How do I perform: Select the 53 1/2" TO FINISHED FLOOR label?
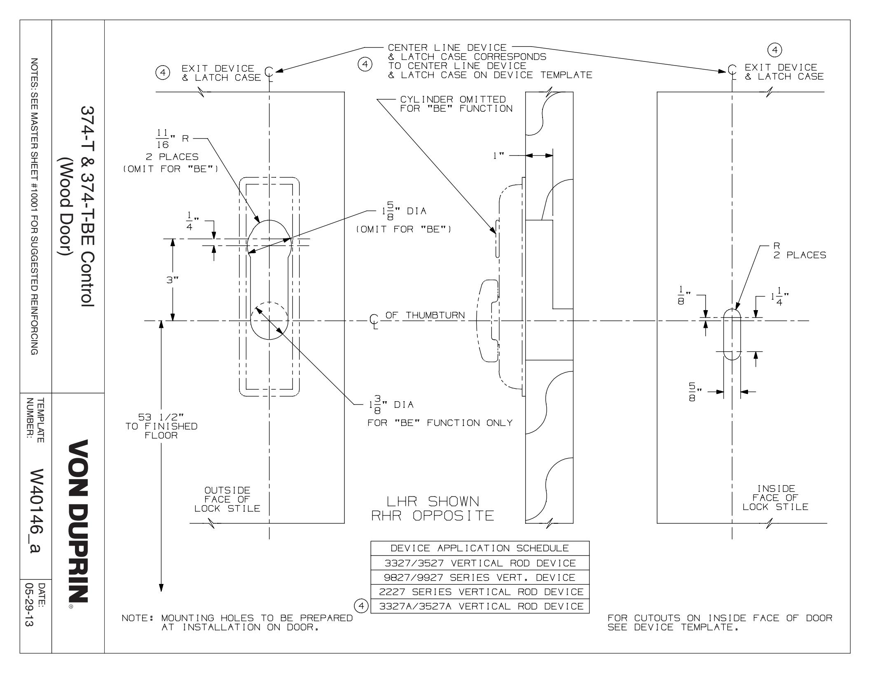click(x=161, y=426)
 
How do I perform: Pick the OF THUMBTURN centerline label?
click(x=424, y=315)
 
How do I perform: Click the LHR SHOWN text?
click(x=433, y=501)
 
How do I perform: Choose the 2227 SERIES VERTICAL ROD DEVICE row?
click(x=480, y=592)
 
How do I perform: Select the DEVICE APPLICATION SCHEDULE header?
click(x=480, y=548)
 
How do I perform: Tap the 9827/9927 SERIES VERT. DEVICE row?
click(x=480, y=577)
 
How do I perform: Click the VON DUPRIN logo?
click(x=78, y=519)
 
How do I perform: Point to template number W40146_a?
click(x=35, y=511)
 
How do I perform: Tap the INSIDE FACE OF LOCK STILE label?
click(x=775, y=498)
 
